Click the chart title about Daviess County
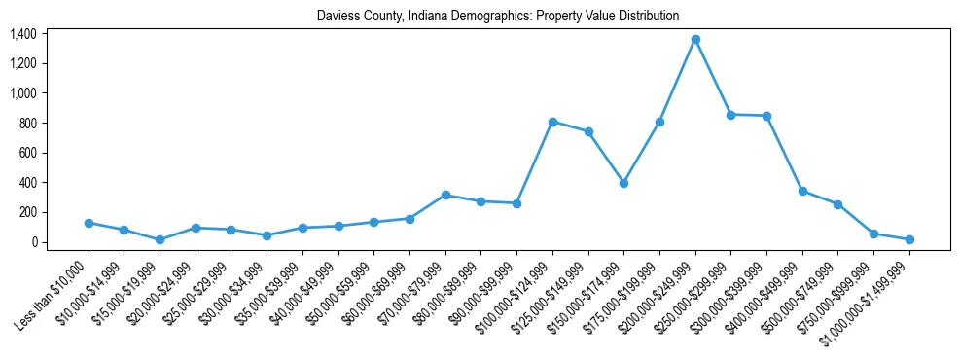[497, 17]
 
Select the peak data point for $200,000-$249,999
[695, 40]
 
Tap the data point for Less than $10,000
[89, 223]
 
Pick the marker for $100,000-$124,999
[552, 122]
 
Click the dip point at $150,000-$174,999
[623, 183]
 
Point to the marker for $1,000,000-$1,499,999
[909, 239]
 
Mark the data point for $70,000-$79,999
[445, 195]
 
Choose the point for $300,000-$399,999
[766, 116]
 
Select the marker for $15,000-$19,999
[160, 239]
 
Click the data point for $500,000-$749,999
[837, 204]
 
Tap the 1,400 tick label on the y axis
[22, 34]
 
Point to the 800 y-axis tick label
[26, 124]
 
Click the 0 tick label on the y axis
[33, 242]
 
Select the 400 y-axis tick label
[26, 183]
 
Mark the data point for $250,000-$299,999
[730, 115]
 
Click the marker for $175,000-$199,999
[659, 122]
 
